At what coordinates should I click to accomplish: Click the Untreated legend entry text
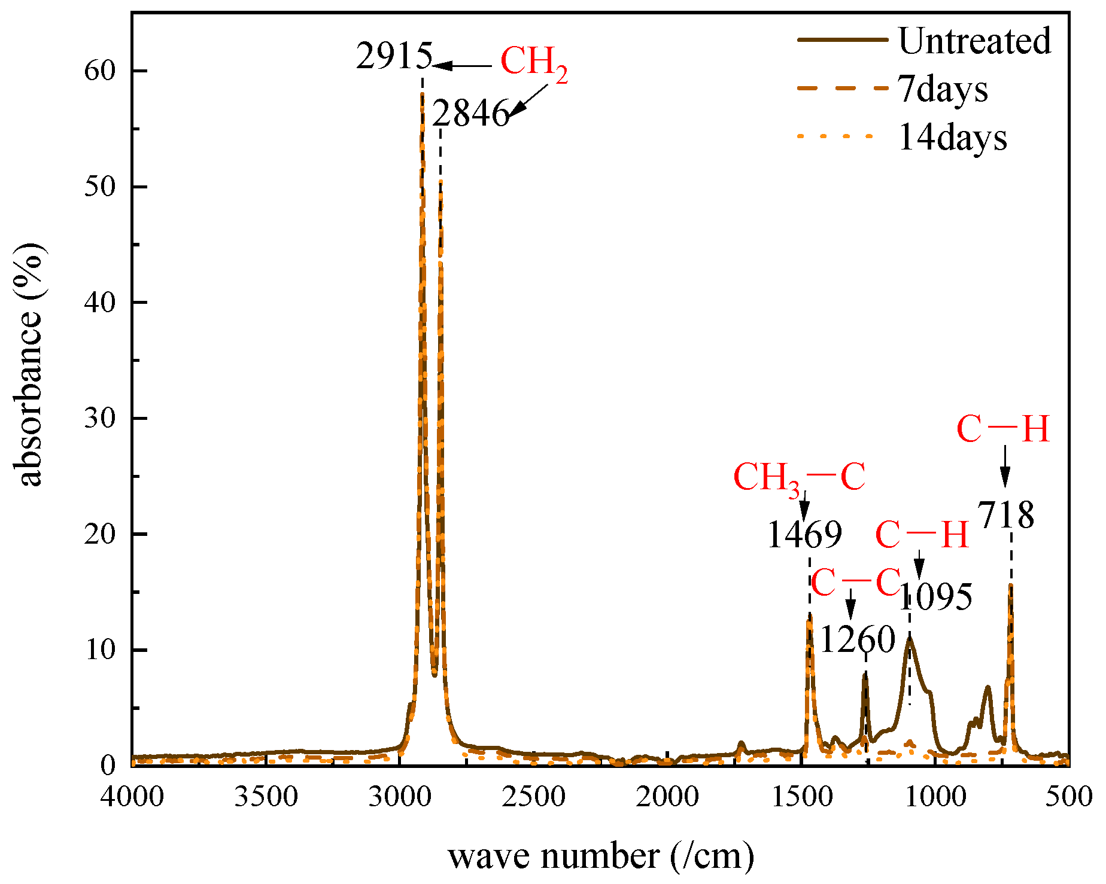(x=974, y=41)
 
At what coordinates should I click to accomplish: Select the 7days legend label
(x=943, y=90)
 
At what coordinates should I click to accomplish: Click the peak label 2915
(x=394, y=57)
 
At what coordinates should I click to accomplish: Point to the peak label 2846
(x=470, y=113)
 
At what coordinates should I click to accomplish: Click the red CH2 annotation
(x=533, y=62)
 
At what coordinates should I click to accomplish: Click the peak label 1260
(x=857, y=639)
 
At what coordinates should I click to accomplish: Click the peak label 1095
(x=935, y=597)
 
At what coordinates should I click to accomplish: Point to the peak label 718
(x=1006, y=515)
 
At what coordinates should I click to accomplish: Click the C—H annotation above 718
(x=1003, y=429)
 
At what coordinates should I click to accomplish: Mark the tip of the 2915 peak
(x=422, y=94)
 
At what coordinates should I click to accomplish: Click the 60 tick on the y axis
(x=99, y=71)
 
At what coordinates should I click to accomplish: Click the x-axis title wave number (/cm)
(x=601, y=856)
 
